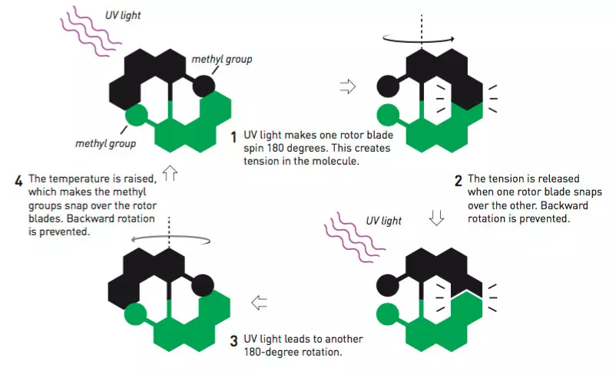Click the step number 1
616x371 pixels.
[233, 137]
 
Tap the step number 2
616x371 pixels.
[458, 181]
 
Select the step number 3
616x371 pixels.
[233, 341]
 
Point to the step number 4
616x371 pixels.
[18, 181]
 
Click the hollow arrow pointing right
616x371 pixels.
[348, 87]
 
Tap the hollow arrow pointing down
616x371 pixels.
[436, 218]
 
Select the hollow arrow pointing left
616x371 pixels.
[260, 303]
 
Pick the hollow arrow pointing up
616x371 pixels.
[170, 173]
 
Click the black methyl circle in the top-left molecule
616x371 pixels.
[204, 86]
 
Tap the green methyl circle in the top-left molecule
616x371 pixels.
[136, 115]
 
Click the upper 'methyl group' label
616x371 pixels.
[222, 59]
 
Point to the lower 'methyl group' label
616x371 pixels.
[106, 143]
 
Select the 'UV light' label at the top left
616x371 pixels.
[123, 15]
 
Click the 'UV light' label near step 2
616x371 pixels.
[384, 221]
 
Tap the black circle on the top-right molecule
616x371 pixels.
[388, 86]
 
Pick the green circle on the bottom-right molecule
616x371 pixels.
[388, 314]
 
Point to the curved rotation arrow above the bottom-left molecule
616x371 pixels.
[169, 235]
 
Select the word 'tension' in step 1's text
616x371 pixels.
[260, 161]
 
